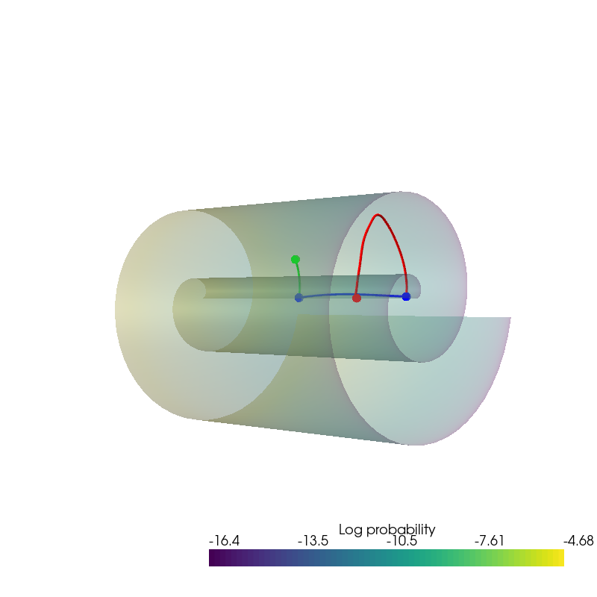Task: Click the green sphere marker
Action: tap(295, 260)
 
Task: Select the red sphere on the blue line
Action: tap(357, 298)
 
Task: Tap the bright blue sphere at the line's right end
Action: tap(406, 296)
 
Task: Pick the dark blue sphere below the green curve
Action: tap(299, 298)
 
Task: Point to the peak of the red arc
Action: tap(378, 215)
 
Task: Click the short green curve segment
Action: tap(299, 277)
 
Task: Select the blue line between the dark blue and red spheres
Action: tap(328, 295)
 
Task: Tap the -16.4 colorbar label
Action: tap(225, 540)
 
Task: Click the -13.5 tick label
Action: tap(313, 540)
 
